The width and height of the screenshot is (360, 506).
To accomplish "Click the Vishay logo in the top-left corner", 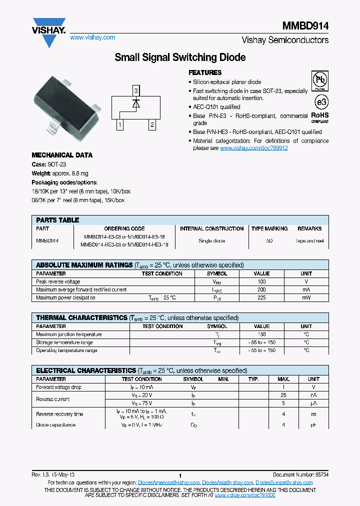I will (x=48, y=31).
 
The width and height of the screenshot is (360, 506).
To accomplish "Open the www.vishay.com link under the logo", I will (x=92, y=37).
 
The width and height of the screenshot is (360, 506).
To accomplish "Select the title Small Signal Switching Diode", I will (x=180, y=57).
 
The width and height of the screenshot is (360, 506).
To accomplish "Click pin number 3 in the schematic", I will (x=135, y=90).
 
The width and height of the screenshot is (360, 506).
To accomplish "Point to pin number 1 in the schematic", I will (x=120, y=124).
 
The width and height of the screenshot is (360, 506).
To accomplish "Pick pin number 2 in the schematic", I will (x=151, y=124).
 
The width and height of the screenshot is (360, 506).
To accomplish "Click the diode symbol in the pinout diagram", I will (x=135, y=104).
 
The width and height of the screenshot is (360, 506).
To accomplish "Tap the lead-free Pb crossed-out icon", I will (x=319, y=80).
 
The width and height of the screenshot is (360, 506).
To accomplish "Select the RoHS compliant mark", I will (x=320, y=116).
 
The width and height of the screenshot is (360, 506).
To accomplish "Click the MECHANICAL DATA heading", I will (x=62, y=155).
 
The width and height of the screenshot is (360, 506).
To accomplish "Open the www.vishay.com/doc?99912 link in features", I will (x=253, y=148).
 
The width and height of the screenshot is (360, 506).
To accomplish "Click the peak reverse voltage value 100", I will (x=261, y=281).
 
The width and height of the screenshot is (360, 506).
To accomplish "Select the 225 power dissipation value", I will (x=261, y=297).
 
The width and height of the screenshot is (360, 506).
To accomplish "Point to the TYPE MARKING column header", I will (x=269, y=228).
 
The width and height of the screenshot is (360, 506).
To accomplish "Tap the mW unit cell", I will (x=306, y=297).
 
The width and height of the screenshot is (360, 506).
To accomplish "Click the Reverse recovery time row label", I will (x=59, y=414).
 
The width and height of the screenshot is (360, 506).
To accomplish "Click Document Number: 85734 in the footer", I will (x=300, y=474).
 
